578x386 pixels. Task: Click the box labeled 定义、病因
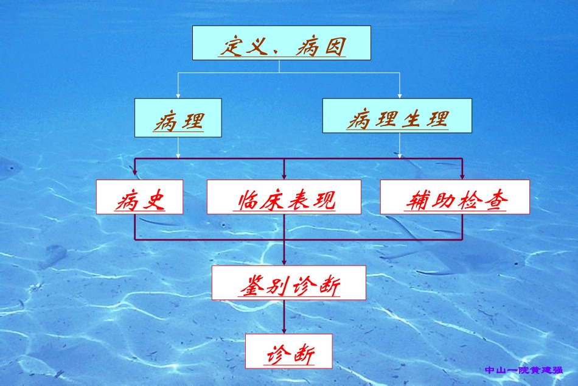click(x=281, y=43)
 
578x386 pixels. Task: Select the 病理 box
click(x=178, y=117)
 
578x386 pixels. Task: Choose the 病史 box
click(x=139, y=197)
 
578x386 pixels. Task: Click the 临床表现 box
click(x=284, y=197)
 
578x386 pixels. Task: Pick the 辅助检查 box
click(x=454, y=197)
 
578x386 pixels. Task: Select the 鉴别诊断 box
click(x=288, y=282)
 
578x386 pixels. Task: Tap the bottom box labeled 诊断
click(x=288, y=351)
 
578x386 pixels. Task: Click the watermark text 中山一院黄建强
click(x=524, y=370)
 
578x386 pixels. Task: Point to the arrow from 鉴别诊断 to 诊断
click(x=284, y=316)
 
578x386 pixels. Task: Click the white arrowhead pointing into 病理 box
click(x=178, y=95)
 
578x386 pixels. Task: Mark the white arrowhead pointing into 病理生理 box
click(x=400, y=95)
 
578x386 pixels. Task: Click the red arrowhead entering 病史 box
click(x=134, y=176)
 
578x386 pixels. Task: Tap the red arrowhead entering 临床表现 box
click(x=284, y=176)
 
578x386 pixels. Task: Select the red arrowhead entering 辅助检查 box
click(x=462, y=176)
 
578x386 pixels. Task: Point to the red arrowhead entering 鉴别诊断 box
click(x=284, y=262)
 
